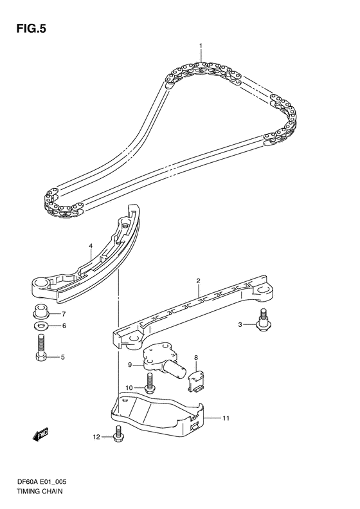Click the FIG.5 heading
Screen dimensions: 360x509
(x=31, y=29)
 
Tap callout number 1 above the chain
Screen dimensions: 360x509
(x=201, y=46)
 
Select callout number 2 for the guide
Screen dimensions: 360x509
(x=198, y=280)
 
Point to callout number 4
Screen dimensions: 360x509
(x=91, y=246)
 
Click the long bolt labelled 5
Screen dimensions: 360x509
(x=40, y=347)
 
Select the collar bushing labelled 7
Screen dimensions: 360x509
(x=40, y=311)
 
